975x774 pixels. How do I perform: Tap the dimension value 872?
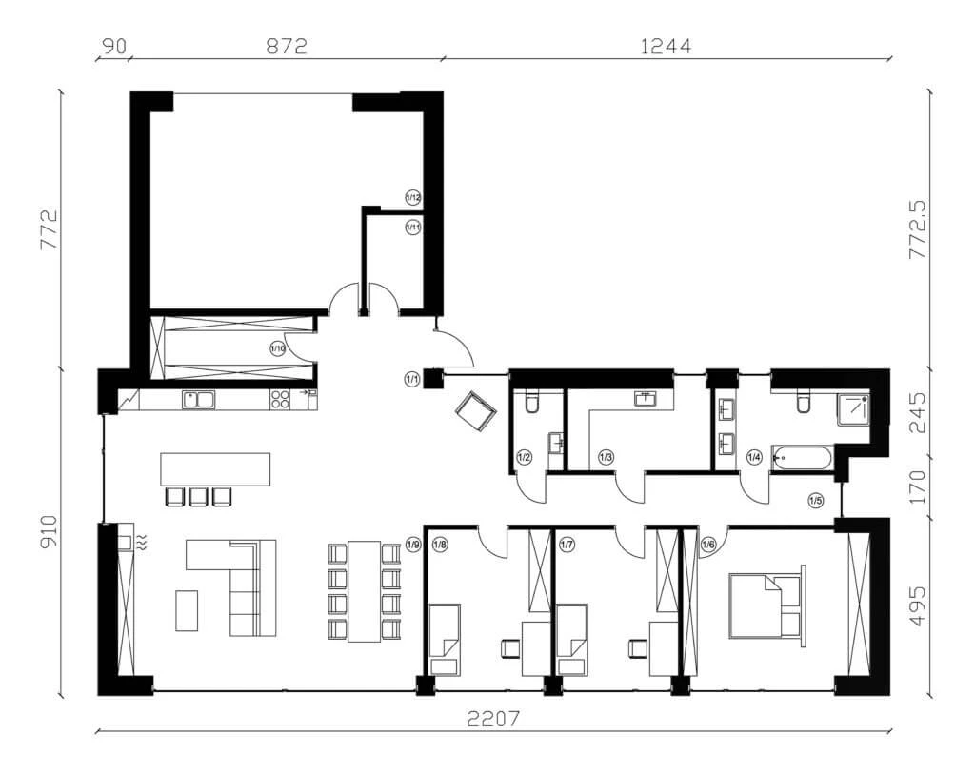tap(287, 45)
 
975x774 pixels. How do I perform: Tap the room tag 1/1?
tap(412, 380)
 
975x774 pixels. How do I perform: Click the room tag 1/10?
tap(278, 349)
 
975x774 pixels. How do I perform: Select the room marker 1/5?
tap(816, 500)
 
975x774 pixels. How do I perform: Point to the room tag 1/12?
tap(413, 197)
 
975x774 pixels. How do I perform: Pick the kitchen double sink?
tap(199, 400)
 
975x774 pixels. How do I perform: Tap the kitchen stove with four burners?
tap(281, 400)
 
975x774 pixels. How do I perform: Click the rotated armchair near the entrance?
tap(476, 411)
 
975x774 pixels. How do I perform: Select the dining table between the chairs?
tap(364, 590)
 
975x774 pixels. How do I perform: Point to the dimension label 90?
tap(112, 45)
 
